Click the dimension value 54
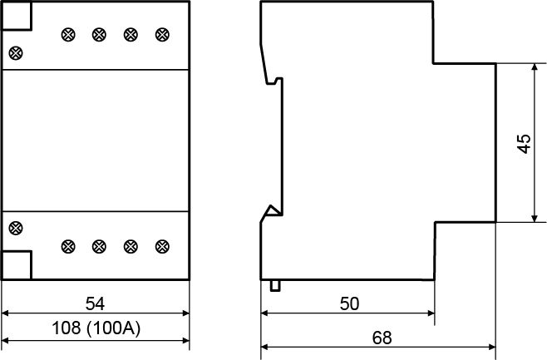click(x=95, y=303)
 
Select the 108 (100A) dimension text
click(x=96, y=328)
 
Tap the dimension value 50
click(x=349, y=303)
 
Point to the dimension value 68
click(x=382, y=338)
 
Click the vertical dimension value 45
click(x=524, y=143)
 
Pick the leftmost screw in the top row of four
click(x=68, y=35)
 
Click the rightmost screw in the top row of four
click(x=162, y=35)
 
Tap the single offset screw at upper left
click(x=16, y=53)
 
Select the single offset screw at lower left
click(x=16, y=228)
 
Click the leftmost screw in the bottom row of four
click(x=68, y=247)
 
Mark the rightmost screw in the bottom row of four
click(x=162, y=247)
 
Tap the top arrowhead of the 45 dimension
click(x=535, y=67)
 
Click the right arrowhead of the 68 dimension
click(x=492, y=347)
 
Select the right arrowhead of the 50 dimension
click(x=431, y=313)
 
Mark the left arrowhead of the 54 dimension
click(x=5, y=313)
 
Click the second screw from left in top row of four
click(x=100, y=35)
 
